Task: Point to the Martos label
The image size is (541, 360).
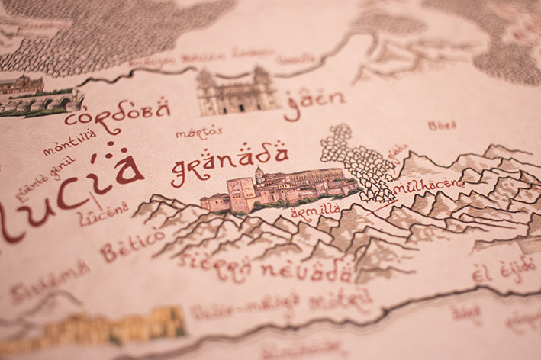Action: click(x=199, y=132)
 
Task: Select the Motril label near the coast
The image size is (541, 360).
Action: click(x=340, y=300)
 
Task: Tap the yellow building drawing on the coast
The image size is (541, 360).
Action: click(x=107, y=326)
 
